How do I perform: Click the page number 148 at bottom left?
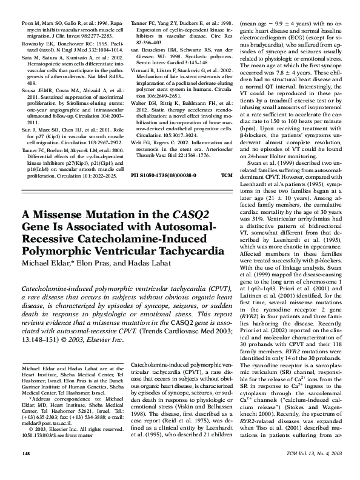point(26,470)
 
